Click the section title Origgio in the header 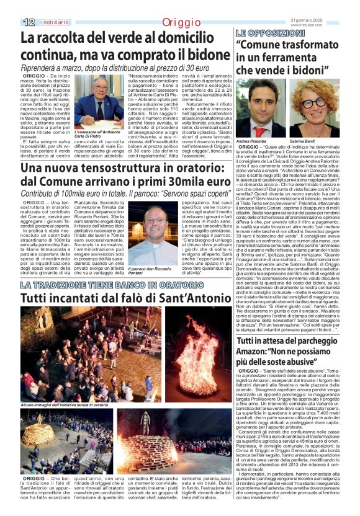[x=181, y=23]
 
